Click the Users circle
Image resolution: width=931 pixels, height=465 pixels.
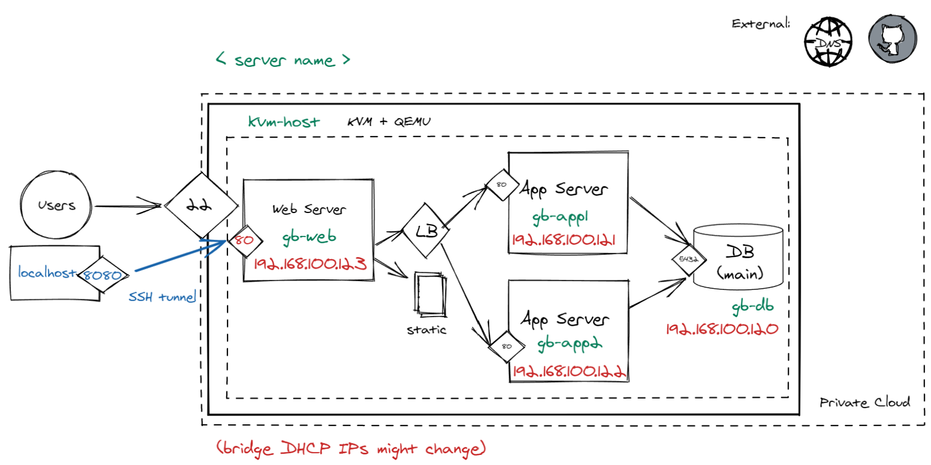(56, 205)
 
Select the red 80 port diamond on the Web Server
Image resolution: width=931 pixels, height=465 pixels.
(244, 241)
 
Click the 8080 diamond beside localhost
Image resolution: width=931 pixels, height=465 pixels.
(103, 275)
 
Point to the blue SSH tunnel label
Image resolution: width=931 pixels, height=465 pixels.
(162, 297)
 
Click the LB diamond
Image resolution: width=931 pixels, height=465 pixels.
(426, 230)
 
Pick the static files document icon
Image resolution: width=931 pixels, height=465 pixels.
(430, 294)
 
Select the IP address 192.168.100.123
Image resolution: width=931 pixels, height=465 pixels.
(310, 264)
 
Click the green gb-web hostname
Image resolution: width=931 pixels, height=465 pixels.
(309, 237)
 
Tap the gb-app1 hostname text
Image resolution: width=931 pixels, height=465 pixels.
(560, 217)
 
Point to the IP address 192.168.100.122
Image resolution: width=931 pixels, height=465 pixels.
(569, 371)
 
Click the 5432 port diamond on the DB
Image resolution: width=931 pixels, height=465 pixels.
(688, 259)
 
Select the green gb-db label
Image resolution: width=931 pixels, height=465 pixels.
(753, 306)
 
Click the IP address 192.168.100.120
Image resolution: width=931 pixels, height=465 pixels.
(722, 329)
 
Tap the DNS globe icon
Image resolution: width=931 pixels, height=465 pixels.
(828, 42)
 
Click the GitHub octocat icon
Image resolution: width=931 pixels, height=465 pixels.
(892, 39)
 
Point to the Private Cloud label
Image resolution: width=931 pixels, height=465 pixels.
(864, 403)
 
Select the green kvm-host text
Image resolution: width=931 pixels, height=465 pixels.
(284, 122)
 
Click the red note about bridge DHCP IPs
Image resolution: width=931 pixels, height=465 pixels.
(351, 448)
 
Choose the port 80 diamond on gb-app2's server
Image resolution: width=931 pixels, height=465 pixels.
(506, 346)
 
